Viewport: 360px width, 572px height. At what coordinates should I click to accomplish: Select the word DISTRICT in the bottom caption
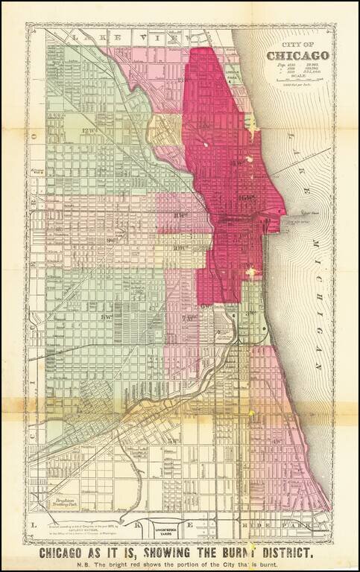[283, 553]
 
